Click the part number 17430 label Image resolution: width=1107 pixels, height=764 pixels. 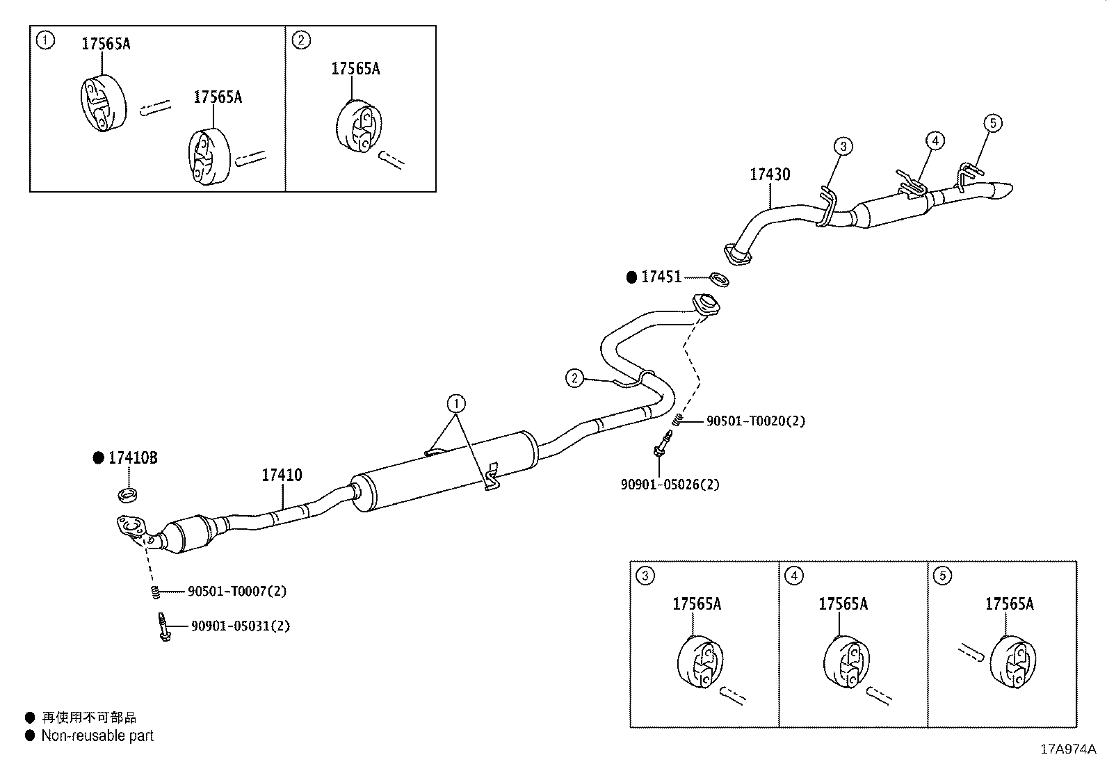click(769, 174)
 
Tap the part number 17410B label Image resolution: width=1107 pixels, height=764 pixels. click(132, 458)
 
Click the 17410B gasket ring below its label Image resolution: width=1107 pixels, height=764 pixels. click(128, 495)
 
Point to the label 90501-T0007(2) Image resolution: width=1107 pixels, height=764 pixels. click(236, 592)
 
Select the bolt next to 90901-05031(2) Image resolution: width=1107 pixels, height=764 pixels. click(163, 626)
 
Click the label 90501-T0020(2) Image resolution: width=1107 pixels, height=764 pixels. click(755, 421)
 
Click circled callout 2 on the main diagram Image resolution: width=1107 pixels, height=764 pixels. click(574, 378)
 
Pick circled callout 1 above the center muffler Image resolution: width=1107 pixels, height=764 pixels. click(456, 403)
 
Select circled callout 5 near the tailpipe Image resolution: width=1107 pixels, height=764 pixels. click(993, 124)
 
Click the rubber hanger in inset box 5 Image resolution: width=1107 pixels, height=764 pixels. click(1012, 660)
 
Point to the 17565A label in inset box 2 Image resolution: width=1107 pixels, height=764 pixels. click(355, 69)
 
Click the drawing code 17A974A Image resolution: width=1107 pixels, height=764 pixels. click(1067, 749)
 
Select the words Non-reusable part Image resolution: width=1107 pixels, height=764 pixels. click(97, 735)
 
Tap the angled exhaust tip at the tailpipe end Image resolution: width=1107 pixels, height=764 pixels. click(1000, 190)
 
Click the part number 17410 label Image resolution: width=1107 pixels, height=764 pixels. click(282, 476)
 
